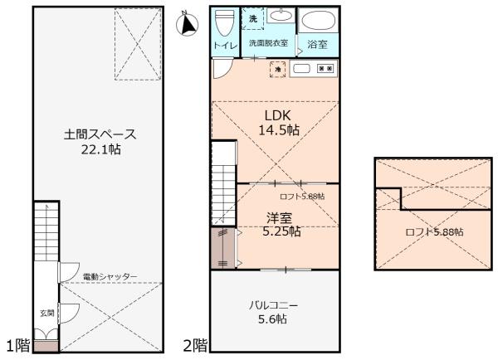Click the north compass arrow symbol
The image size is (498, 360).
(187, 24)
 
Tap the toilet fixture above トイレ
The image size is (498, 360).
(225, 22)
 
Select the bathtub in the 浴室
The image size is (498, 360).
(318, 21)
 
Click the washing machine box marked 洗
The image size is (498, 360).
(253, 19)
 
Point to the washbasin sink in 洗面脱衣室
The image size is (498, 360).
(281, 15)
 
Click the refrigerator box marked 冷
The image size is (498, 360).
(278, 69)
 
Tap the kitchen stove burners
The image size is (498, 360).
(325, 68)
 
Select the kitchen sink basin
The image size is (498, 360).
(301, 68)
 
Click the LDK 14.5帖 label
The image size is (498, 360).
(279, 123)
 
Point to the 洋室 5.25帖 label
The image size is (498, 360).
(281, 225)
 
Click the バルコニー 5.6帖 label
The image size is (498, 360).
(273, 313)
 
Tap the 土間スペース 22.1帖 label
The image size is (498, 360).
(100, 142)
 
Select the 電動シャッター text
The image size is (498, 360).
(110, 276)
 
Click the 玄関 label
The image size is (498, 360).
(47, 314)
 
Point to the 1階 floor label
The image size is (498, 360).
(18, 345)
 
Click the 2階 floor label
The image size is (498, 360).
(195, 345)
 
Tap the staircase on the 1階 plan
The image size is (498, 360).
(46, 232)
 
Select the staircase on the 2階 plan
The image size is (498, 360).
(224, 183)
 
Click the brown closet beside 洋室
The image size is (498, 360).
(223, 249)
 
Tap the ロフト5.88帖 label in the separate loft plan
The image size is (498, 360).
(434, 232)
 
